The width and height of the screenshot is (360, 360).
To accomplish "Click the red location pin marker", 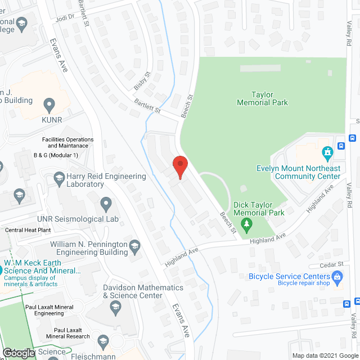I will [179, 167].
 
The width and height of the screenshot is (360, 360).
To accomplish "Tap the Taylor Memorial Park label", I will [262, 99].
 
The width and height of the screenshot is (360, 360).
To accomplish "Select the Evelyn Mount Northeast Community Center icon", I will [327, 152].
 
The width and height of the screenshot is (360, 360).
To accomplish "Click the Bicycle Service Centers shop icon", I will [337, 276].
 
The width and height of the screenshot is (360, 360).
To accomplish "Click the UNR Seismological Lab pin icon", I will [106, 203].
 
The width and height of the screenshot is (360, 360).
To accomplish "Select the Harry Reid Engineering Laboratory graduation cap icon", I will [59, 178].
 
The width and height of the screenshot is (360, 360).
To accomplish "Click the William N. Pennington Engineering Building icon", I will [134, 245].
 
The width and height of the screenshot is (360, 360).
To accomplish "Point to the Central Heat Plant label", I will [28, 230].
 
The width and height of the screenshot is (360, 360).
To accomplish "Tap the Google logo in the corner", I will [18, 353].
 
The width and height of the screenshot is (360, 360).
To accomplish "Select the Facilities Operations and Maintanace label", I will [67, 142].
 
